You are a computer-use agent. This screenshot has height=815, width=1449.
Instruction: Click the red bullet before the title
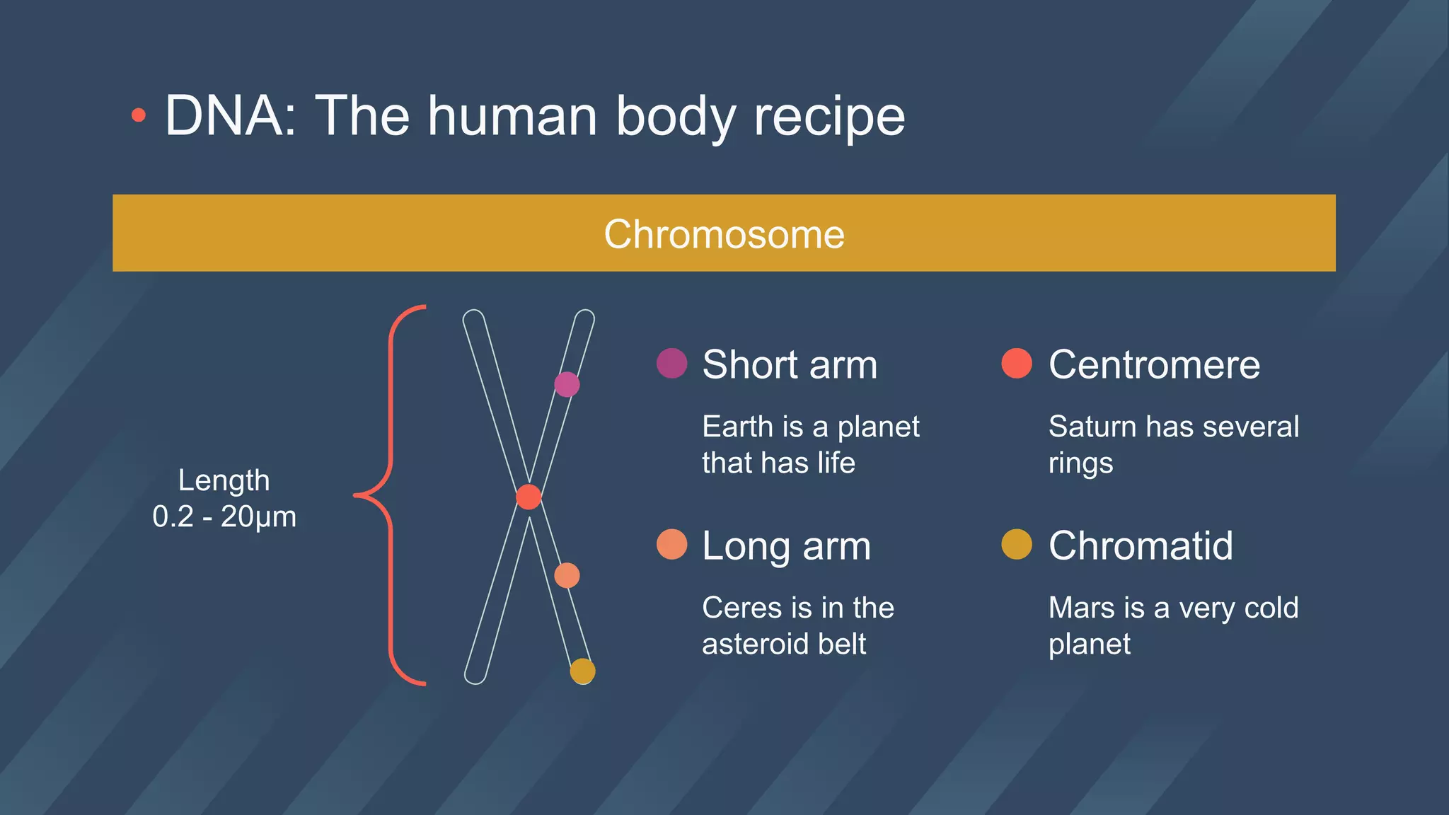(x=139, y=115)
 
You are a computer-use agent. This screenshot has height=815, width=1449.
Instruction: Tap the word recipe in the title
(x=829, y=117)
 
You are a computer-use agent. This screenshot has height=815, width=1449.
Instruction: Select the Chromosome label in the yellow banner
(x=724, y=234)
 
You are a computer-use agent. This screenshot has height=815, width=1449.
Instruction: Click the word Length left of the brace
(x=224, y=480)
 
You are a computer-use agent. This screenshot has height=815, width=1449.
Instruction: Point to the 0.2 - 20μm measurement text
(x=224, y=517)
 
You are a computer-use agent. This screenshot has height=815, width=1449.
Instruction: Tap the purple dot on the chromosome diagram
(x=567, y=384)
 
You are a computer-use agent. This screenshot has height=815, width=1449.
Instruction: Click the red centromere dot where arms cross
(x=529, y=497)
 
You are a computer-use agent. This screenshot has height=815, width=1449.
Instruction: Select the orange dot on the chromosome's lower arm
(x=567, y=576)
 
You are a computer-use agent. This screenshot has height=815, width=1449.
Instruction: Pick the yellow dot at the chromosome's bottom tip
(x=582, y=671)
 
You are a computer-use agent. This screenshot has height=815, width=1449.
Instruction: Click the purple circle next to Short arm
(x=671, y=364)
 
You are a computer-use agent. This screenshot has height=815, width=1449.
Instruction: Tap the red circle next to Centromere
(x=1017, y=364)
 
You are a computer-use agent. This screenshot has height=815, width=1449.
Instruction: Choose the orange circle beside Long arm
(x=671, y=545)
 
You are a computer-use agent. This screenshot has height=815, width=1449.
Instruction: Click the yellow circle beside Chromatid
(x=1017, y=545)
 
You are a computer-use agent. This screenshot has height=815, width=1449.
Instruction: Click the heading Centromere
(x=1154, y=365)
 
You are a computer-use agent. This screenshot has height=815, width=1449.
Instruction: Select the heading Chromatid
(x=1141, y=546)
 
